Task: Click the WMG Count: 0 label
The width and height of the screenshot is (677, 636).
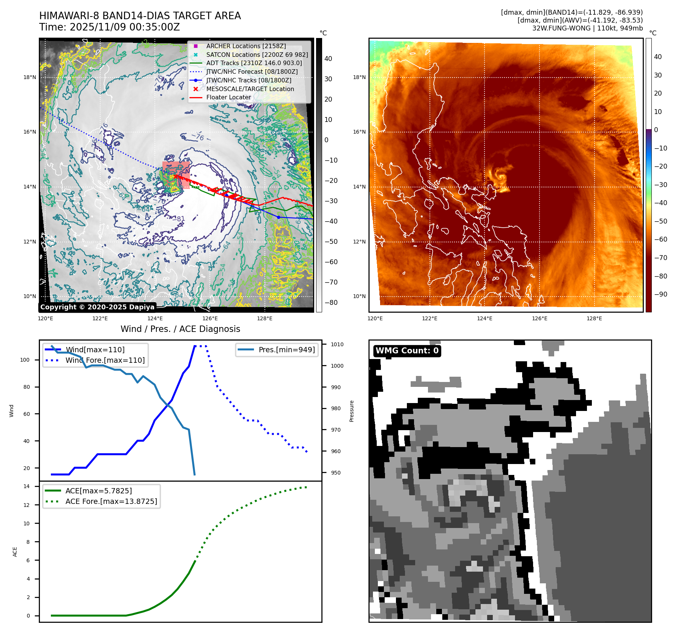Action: (x=407, y=351)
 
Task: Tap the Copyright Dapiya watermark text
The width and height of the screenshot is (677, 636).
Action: (x=97, y=307)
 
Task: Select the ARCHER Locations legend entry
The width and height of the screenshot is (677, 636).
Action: (x=246, y=46)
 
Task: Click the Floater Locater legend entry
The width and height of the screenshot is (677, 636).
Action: (x=228, y=97)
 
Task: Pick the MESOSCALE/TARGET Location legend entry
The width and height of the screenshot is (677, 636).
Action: (x=250, y=89)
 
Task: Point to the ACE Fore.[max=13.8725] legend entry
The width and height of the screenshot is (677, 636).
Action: (x=111, y=501)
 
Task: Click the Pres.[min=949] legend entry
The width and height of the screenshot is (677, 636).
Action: (x=286, y=350)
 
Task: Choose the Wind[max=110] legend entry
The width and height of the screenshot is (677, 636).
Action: (x=95, y=350)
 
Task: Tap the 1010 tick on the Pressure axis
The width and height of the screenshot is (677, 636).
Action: (x=337, y=344)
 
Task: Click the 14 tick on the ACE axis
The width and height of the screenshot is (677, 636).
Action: (x=26, y=486)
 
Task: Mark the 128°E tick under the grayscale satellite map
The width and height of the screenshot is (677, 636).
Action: (x=264, y=318)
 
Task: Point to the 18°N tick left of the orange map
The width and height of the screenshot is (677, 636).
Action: (x=359, y=77)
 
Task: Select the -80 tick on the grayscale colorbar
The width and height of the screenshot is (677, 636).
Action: (x=331, y=303)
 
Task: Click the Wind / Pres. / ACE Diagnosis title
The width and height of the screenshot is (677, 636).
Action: (x=180, y=329)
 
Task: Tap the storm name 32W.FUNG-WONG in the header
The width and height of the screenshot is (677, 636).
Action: (x=561, y=28)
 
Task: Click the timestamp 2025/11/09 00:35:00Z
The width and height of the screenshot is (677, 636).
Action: (x=125, y=27)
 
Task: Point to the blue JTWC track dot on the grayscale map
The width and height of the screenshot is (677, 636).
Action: (x=278, y=217)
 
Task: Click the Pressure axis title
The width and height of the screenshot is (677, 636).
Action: (x=351, y=411)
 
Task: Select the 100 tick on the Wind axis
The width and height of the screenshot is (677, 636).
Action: (x=24, y=360)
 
